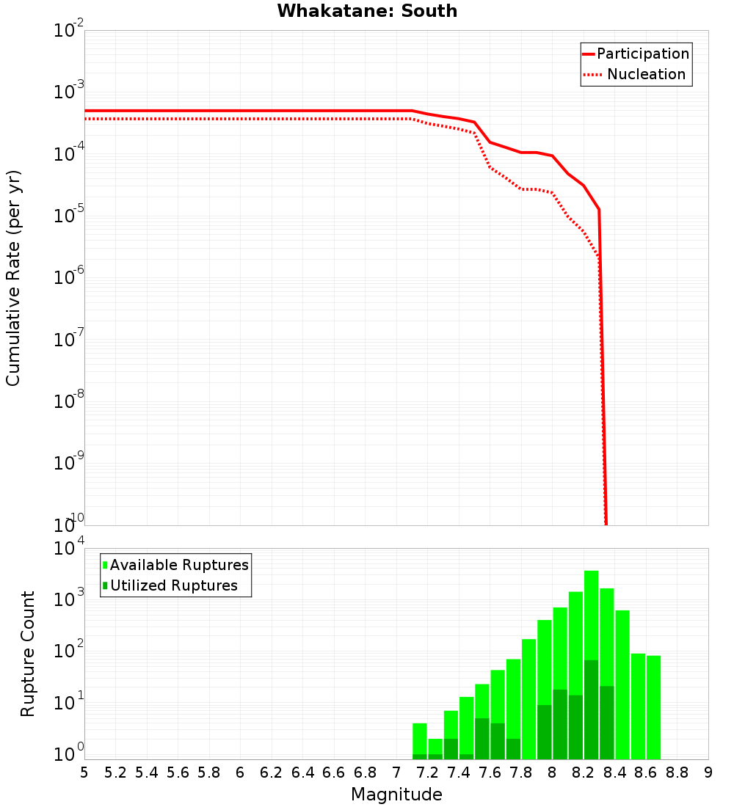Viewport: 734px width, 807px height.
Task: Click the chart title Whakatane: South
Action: coord(367,11)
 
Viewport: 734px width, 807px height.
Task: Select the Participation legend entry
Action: coord(642,54)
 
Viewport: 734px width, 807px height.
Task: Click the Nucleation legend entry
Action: coord(645,74)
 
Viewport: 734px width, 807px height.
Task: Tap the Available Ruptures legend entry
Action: coord(179,565)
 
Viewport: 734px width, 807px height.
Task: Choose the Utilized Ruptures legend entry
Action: coord(173,585)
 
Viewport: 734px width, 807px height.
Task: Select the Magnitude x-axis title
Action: coord(396,795)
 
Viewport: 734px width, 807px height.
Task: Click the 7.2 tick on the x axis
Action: coord(428,773)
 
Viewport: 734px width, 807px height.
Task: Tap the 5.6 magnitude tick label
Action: coord(178,773)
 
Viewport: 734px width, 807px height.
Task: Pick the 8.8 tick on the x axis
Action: coord(677,773)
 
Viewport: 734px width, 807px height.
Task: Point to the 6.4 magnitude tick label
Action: coord(302,773)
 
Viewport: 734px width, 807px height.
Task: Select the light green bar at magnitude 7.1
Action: coord(420,737)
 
